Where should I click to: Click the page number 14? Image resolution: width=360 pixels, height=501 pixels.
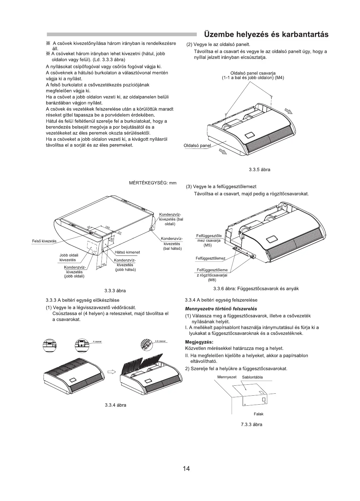[186, 468]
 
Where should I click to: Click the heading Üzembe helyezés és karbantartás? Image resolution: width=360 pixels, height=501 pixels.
[266, 34]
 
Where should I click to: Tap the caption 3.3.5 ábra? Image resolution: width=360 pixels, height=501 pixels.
[259, 169]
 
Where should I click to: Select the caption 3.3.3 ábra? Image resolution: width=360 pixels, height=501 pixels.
[115, 290]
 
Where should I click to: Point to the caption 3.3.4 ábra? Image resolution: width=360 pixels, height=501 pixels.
[115, 405]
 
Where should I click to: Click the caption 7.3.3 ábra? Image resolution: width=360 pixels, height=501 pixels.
[252, 424]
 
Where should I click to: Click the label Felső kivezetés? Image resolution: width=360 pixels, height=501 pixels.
[44, 241]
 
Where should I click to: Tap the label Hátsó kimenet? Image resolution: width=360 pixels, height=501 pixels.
[127, 252]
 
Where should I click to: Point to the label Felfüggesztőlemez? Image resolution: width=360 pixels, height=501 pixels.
[210, 258]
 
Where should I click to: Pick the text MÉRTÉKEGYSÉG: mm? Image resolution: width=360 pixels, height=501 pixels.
[153, 183]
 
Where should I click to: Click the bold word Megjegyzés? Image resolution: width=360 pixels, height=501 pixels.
[199, 342]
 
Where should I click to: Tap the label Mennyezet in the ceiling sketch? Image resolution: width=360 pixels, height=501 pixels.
[227, 377]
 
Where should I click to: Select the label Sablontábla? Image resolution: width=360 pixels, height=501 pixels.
[252, 377]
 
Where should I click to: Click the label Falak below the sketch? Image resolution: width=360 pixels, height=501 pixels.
[258, 414]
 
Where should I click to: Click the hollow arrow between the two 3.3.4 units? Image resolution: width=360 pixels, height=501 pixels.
[111, 372]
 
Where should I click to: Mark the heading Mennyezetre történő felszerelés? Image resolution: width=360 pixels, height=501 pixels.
[221, 309]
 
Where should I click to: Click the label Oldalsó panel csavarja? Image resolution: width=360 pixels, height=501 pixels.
[253, 73]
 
